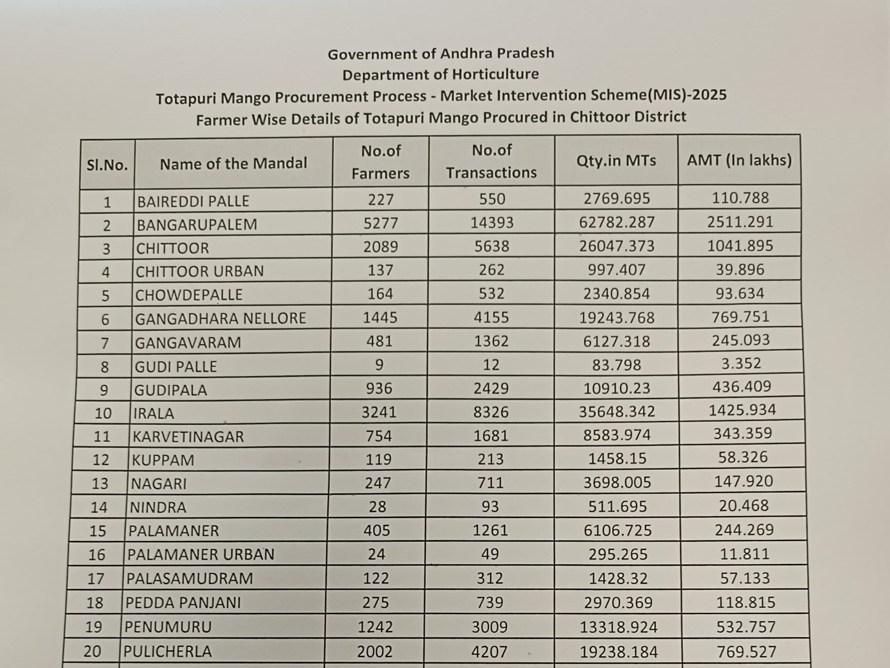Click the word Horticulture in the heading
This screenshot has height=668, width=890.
pos(495,74)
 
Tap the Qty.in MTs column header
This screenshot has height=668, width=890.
pos(616,161)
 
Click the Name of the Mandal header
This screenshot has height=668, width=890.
pos(233,164)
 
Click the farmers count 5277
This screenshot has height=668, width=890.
pos(381,223)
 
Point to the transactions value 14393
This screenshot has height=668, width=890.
pos(492,222)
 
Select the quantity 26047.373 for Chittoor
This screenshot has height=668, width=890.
pos(617,246)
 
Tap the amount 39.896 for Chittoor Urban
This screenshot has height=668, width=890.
pos(740,269)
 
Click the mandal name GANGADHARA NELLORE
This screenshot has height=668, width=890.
pos(220,318)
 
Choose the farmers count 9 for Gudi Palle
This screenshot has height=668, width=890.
pos(379,365)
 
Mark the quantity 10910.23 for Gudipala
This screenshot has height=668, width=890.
pos(617,388)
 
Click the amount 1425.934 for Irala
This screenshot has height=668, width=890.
pos(742,410)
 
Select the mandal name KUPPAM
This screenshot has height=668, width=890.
pos(163,460)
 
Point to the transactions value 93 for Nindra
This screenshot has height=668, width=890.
pos(490,507)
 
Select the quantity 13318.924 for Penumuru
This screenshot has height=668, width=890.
pos(618,627)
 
